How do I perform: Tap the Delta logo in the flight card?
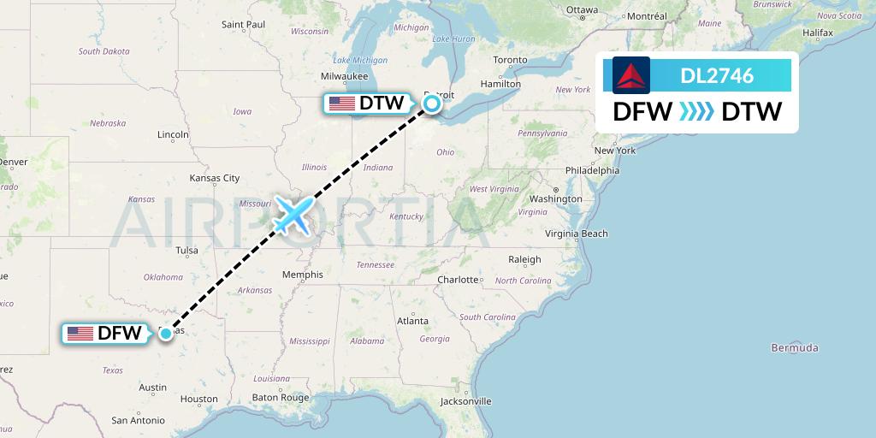click(x=631, y=75)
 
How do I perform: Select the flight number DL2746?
click(x=717, y=75)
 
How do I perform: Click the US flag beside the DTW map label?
click(x=341, y=104)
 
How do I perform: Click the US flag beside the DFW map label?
click(x=80, y=334)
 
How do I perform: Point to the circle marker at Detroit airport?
click(x=432, y=104)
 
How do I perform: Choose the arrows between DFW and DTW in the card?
click(x=696, y=112)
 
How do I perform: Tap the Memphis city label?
click(x=303, y=275)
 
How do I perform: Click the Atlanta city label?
click(x=412, y=321)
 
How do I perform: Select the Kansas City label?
click(x=215, y=178)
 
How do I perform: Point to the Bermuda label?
click(x=794, y=347)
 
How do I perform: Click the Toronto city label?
click(x=510, y=60)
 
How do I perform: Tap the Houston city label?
click(x=198, y=399)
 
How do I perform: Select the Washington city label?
click(x=555, y=198)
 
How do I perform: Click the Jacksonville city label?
click(x=466, y=400)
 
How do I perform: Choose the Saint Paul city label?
click(x=243, y=25)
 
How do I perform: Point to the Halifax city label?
click(x=817, y=33)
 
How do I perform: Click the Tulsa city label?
click(x=186, y=251)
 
